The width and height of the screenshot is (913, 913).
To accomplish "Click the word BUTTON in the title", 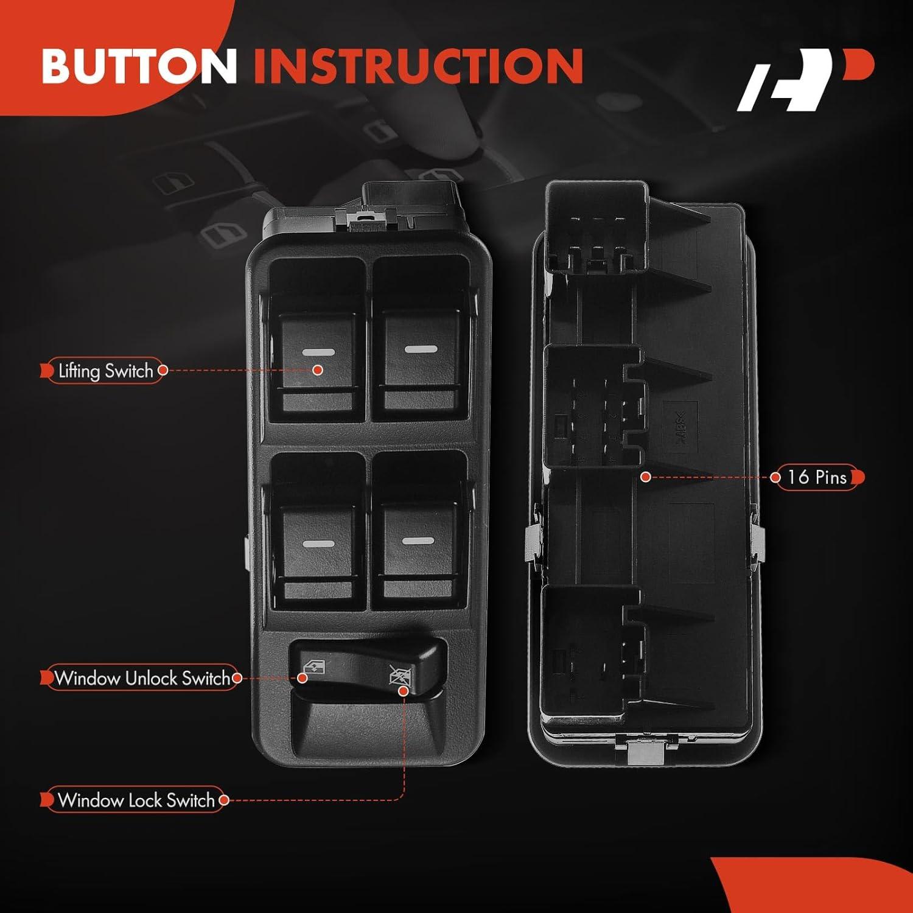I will point(139,65).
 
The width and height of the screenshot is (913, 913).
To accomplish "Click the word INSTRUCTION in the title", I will point(418,65).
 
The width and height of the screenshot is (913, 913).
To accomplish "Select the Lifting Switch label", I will point(105,371).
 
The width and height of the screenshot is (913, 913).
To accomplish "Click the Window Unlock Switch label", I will point(142,678).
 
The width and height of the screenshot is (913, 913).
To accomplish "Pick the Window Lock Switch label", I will point(136,800).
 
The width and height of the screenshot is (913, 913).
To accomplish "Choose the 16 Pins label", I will point(817,477).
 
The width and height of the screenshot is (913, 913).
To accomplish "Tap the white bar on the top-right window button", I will point(421,349).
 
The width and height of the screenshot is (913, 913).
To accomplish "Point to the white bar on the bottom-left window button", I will point(318,544).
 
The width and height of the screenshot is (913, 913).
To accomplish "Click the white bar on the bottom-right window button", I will point(418,540).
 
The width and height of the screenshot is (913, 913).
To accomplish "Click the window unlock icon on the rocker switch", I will point(314,670).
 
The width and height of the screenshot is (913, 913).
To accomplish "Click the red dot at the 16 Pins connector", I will point(646,477).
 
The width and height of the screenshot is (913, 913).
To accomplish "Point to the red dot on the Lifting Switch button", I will point(317,370).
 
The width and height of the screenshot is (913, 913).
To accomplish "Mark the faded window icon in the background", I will point(223,234).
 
